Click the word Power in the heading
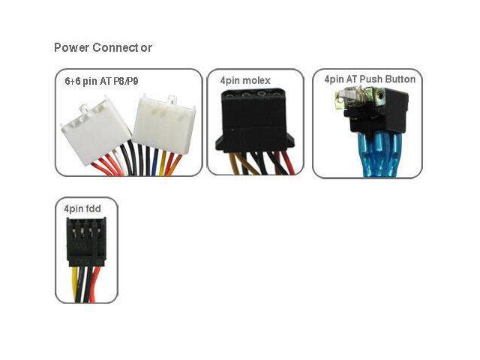[x=71, y=48]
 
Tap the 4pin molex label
[x=245, y=80]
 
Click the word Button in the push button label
[x=399, y=79]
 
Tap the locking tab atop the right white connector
[x=172, y=100]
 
